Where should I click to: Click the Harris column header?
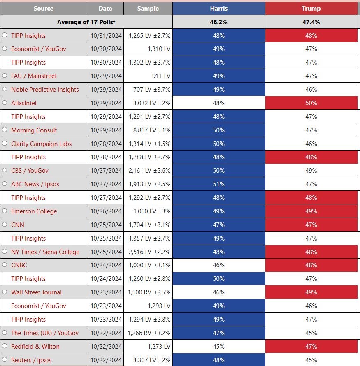[219, 9]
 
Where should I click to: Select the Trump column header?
[311, 9]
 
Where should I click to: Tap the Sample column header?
[148, 9]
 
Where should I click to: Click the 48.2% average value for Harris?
[219, 22]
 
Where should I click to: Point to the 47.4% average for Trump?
[311, 22]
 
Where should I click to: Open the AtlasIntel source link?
[24, 103]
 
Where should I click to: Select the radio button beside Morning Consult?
[5, 130]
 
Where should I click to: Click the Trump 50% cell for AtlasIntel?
[311, 103]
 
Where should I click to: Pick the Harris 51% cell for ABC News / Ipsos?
[219, 184]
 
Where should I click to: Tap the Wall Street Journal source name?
[37, 292]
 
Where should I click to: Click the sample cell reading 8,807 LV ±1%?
[148, 130]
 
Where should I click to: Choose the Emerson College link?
[34, 211]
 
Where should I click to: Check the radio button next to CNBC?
[5, 265]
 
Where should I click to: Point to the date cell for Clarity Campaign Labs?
[105, 144]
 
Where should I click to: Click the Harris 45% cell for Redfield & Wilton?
[219, 346]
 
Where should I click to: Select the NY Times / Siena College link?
[45, 252]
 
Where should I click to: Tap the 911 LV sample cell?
[148, 76]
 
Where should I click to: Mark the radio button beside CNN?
[5, 224]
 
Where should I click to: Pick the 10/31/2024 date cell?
[105, 36]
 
